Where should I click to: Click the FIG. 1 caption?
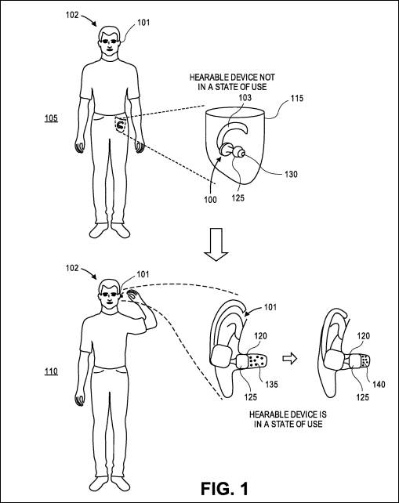point(224,489)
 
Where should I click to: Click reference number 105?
point(51,118)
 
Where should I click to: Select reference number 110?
point(51,371)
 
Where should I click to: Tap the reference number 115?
point(297,98)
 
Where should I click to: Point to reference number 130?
point(291,174)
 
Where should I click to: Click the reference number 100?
point(210,200)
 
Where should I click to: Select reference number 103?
point(245,97)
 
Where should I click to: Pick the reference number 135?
point(271,384)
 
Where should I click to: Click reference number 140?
point(379,384)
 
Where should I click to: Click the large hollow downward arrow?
point(216,244)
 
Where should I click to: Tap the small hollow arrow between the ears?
point(289,359)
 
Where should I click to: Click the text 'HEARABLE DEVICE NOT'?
point(232,78)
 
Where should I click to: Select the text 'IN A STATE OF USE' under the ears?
point(288,424)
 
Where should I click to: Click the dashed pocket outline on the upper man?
point(121,125)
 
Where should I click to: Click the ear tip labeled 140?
point(365,361)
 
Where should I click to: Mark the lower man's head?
point(109,292)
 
